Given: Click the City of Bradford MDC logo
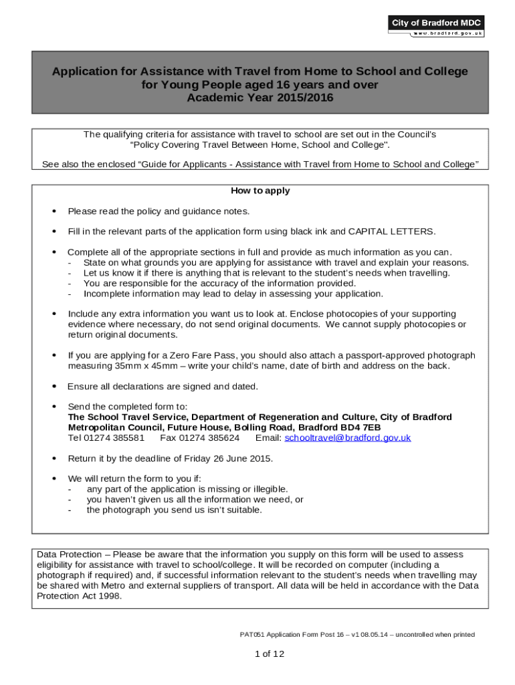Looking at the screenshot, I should (x=436, y=23).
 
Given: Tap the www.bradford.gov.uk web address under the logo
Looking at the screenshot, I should (x=447, y=33).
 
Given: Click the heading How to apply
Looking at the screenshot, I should (x=260, y=191).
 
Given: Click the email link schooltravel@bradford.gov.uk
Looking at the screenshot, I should (x=347, y=437).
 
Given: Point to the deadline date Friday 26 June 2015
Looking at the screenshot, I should (x=224, y=458).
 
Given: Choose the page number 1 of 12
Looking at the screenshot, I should (x=270, y=654).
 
